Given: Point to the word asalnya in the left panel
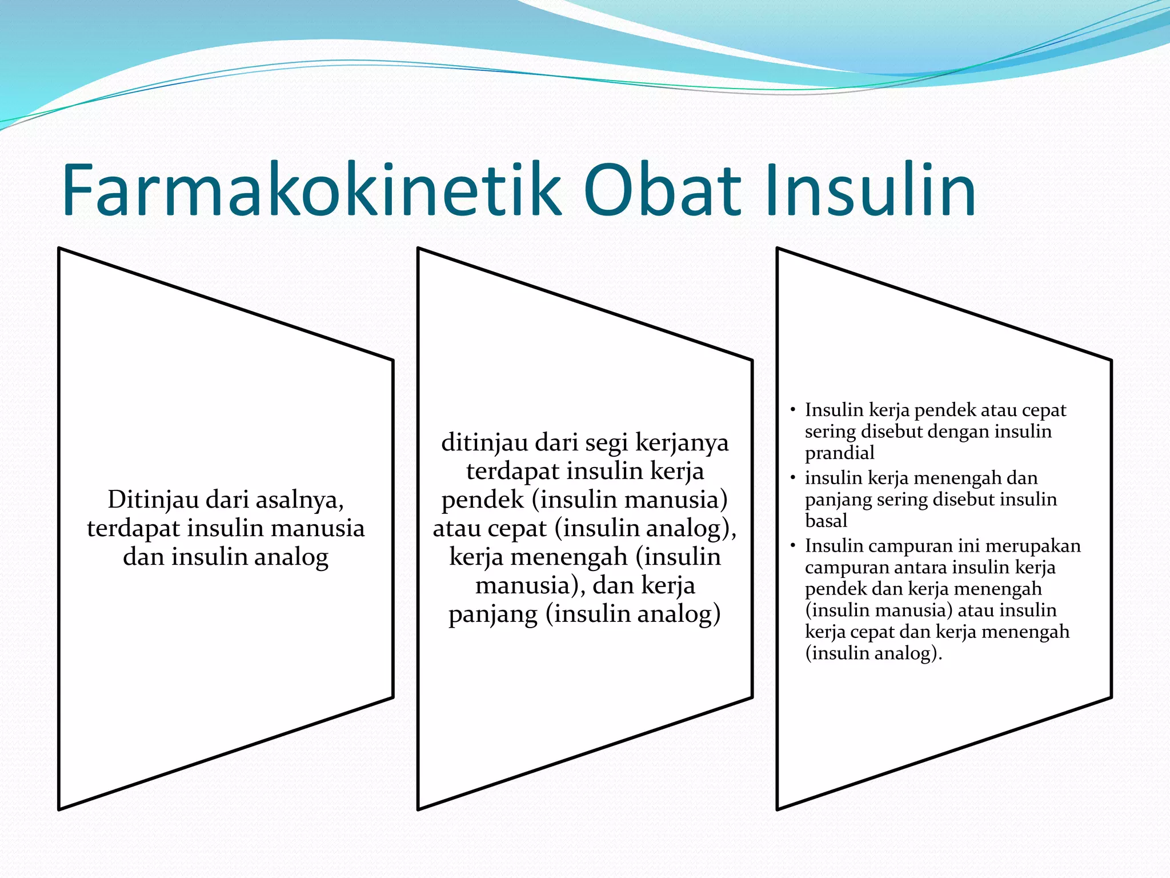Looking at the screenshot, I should [299, 500].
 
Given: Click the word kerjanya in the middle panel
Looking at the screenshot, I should [682, 443].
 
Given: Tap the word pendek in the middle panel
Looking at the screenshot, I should [483, 500].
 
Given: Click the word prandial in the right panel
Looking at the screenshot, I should [839, 453].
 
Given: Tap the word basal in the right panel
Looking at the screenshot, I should [826, 521].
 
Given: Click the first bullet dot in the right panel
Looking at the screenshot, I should [793, 410].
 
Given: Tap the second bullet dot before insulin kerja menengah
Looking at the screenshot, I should [793, 477].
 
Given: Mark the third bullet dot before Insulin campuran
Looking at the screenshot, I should [793, 545].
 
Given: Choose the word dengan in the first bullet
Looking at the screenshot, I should [960, 432].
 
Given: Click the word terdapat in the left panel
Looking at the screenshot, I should [133, 529].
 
